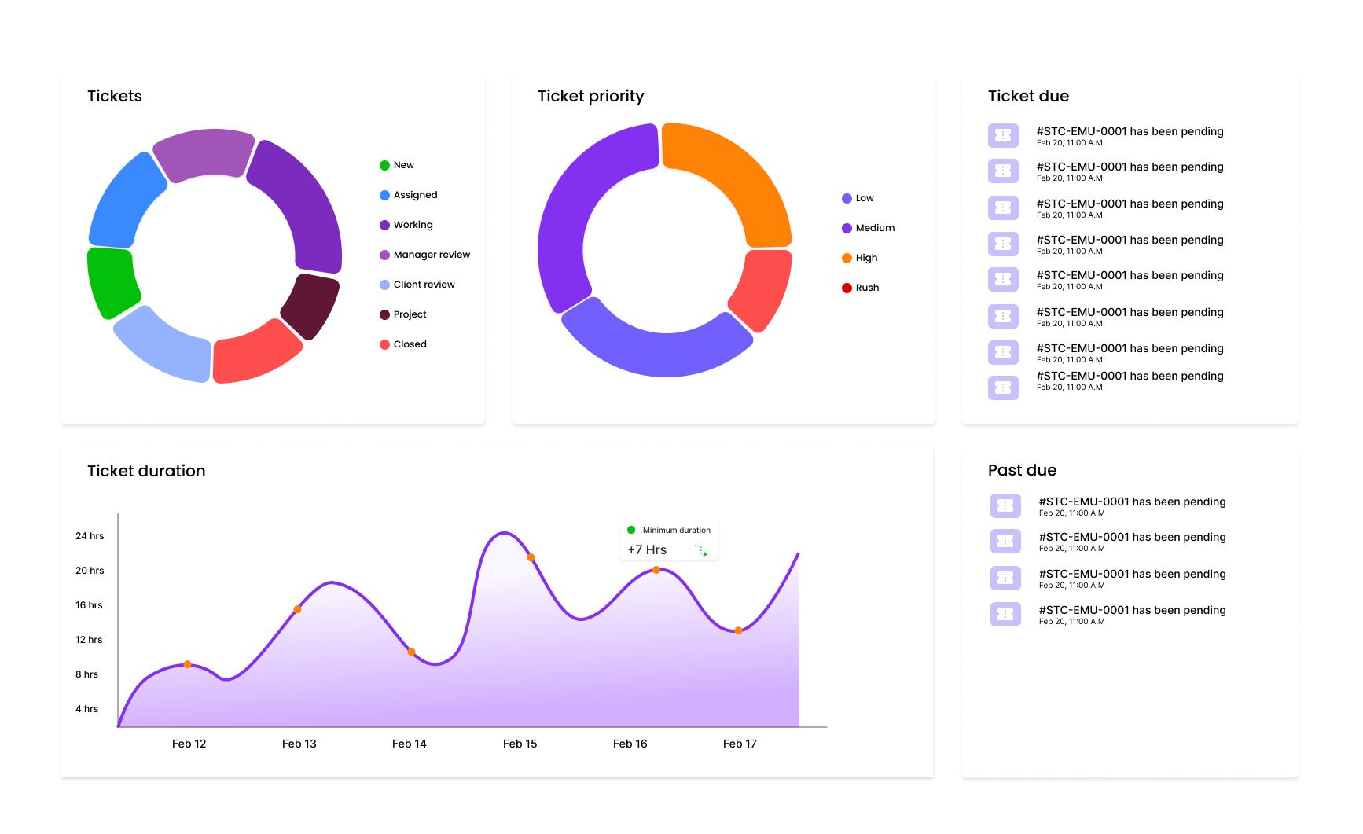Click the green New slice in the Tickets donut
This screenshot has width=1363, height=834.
point(112,282)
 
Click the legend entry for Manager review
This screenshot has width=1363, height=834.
point(431,255)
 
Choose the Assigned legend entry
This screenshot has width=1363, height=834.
point(415,195)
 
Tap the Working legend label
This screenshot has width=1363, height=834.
point(413,225)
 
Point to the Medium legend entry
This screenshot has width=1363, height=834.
point(874,228)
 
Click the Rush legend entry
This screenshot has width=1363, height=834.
point(867,288)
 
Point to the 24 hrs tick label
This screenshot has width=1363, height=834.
point(90,536)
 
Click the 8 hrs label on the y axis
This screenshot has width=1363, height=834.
point(87,674)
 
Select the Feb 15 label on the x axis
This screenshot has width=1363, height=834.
point(520,744)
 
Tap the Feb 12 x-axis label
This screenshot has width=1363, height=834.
point(189,744)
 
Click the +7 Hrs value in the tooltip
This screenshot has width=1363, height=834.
point(647,549)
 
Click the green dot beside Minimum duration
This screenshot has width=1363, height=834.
point(631,530)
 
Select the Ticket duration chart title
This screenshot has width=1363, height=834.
point(146,471)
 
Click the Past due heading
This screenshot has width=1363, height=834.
point(1022,470)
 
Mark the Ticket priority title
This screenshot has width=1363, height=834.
point(590,96)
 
